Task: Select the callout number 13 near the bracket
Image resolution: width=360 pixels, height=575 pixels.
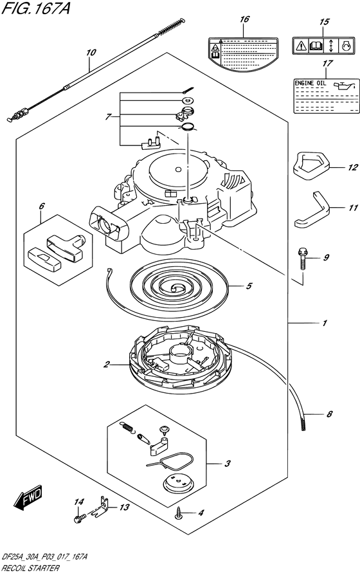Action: (x=123, y=507)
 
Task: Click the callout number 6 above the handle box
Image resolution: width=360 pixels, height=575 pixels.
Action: (x=42, y=206)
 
